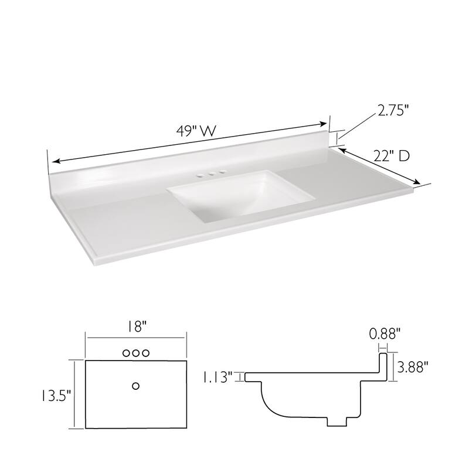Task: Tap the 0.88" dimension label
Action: tap(385, 334)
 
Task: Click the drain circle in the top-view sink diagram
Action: tap(136, 385)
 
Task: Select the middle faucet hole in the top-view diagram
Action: tap(136, 353)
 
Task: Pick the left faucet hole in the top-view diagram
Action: tap(125, 353)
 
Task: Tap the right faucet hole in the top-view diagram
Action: tap(147, 353)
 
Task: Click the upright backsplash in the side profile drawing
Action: tap(384, 366)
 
